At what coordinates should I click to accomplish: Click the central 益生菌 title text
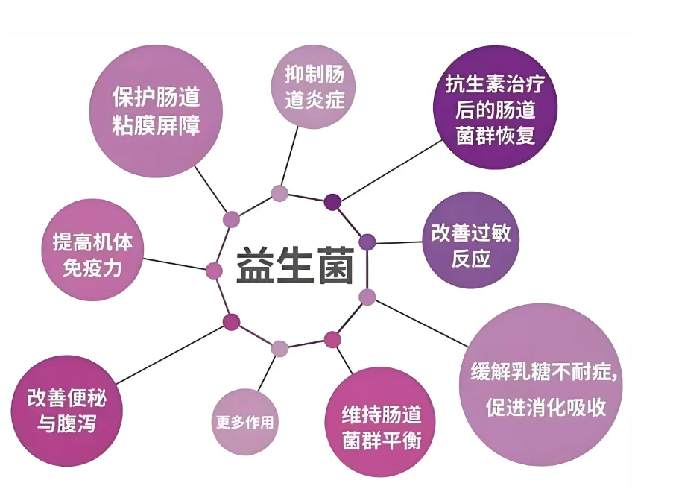click(295, 265)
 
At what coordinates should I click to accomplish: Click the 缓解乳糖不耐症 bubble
click(543, 388)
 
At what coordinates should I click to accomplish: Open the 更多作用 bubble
click(245, 422)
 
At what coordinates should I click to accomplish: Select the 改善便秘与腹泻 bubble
click(66, 410)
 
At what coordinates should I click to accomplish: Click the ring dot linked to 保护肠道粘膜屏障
click(232, 219)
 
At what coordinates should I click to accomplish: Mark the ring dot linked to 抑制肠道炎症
click(279, 194)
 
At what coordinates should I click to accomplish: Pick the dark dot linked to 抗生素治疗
click(332, 201)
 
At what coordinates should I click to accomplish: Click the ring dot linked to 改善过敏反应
click(367, 242)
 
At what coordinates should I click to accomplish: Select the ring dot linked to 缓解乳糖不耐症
click(367, 297)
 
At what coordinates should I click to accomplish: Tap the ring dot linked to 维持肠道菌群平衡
click(332, 340)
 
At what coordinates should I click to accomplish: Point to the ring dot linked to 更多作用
click(279, 347)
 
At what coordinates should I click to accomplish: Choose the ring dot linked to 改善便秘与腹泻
click(232, 321)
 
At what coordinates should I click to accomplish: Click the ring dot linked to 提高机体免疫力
click(214, 271)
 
